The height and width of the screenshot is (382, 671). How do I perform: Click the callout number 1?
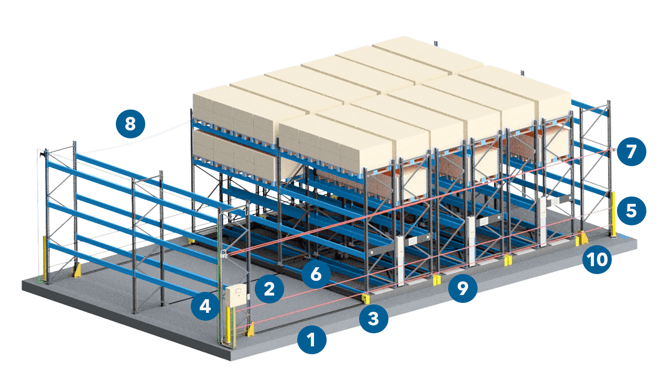pos(311,340)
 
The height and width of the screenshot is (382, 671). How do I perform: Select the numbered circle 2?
pos(269,289)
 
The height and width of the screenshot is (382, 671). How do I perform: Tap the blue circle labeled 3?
pos(374,319)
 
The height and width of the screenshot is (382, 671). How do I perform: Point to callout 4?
pos(205,306)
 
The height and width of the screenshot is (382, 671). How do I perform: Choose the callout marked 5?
pos(631,211)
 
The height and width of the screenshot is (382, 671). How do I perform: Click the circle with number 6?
pos(316,274)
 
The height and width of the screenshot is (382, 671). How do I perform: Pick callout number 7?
pos(631,151)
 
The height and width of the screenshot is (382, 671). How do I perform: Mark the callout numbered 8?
pos(131,124)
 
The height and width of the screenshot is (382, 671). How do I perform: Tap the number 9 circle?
pos(462,288)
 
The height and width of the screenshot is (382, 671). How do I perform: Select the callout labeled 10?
pos(597,259)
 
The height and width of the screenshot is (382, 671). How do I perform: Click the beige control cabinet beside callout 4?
pos(236,295)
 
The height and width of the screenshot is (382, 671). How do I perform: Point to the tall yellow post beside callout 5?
pos(613,214)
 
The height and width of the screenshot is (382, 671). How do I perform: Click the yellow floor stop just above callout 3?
pos(366,299)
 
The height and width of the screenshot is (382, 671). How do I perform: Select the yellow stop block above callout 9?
pos(437,280)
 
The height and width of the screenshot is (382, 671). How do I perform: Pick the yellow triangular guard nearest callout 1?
pos(251,329)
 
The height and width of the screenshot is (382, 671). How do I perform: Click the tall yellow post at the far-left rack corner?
pos(45,258)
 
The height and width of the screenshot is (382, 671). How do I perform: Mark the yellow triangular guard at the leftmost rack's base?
pos(77,270)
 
